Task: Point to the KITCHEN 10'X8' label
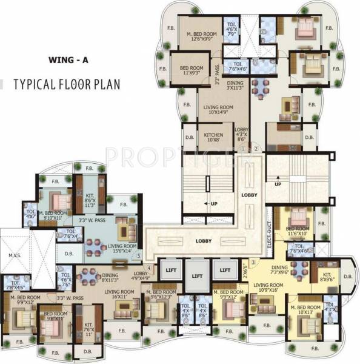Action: tap(213, 137)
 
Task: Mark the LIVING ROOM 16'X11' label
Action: tap(119, 295)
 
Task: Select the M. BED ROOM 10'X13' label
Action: tap(305, 310)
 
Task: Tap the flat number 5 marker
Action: tap(139, 256)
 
